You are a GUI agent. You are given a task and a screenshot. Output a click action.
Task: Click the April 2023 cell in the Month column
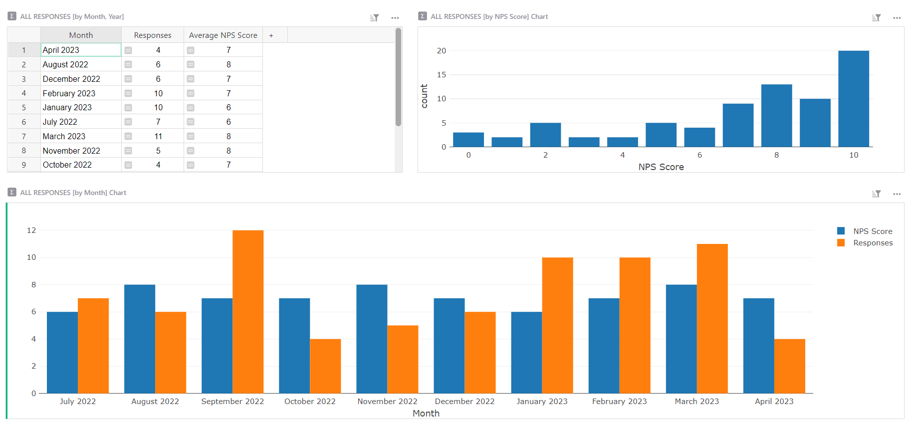(x=80, y=50)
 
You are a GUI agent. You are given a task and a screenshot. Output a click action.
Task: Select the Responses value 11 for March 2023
(x=158, y=136)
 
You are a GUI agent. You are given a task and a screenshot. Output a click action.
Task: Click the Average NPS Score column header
(x=223, y=35)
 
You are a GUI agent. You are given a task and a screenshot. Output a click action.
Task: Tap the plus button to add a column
(x=271, y=35)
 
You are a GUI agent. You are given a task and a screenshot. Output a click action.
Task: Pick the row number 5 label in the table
(x=23, y=108)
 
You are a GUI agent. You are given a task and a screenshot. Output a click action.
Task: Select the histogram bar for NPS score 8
(x=776, y=116)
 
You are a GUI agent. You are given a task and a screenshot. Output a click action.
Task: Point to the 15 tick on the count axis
(x=441, y=75)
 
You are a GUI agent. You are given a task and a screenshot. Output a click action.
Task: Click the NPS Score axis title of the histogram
(x=661, y=167)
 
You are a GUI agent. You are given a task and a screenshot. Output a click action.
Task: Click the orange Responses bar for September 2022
(x=248, y=312)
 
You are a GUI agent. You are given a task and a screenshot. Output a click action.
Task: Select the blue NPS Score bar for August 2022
(x=140, y=339)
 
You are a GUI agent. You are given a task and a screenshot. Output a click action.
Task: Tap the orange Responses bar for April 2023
(x=789, y=366)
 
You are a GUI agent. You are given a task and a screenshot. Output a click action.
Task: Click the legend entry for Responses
(x=872, y=243)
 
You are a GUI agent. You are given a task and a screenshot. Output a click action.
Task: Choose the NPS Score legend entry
(x=872, y=231)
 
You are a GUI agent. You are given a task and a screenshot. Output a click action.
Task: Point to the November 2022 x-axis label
(x=387, y=402)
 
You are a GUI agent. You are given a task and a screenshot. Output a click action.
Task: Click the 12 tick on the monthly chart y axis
(x=31, y=230)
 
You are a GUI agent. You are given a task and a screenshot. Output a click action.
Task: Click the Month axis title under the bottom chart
(x=426, y=414)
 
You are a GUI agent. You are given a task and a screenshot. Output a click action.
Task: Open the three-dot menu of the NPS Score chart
(x=897, y=18)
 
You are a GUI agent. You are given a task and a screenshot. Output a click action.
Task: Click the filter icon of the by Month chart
(x=876, y=194)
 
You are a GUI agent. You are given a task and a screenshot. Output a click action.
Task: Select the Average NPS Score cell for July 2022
(x=228, y=122)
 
